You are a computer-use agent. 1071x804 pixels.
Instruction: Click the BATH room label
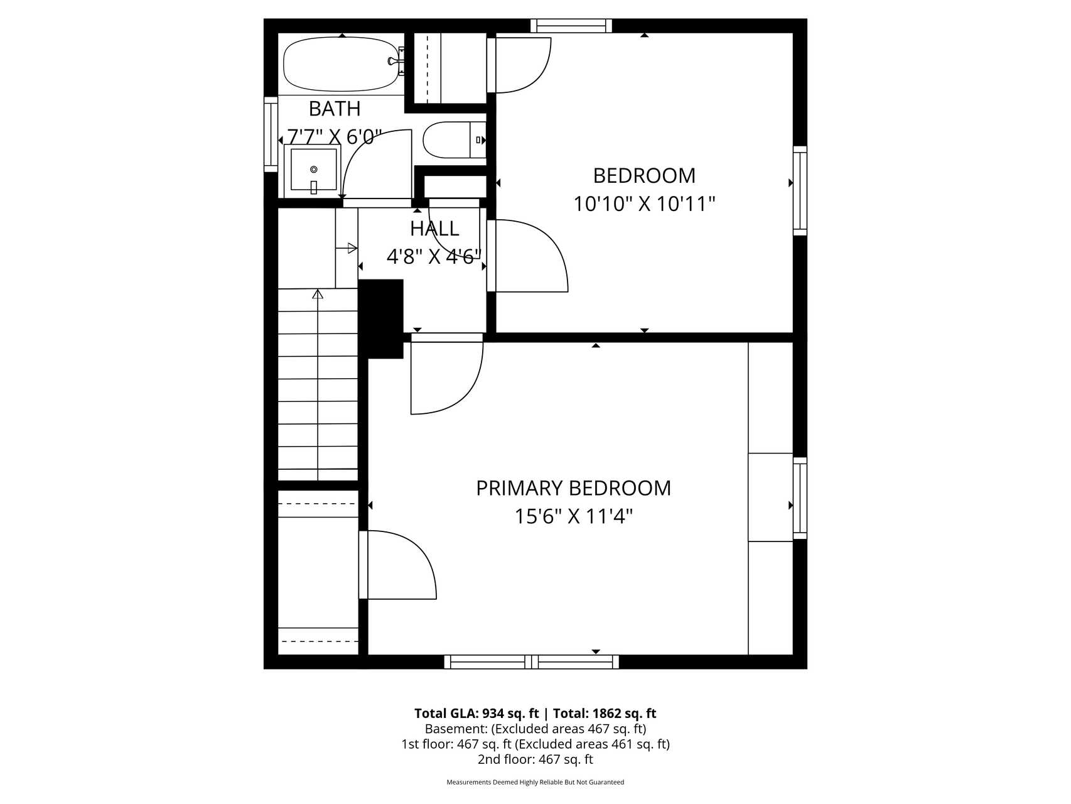click(335, 109)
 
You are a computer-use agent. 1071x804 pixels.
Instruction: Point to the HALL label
click(434, 228)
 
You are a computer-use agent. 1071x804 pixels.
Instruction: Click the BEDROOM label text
click(644, 175)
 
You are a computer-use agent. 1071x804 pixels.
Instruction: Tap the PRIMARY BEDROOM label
click(573, 488)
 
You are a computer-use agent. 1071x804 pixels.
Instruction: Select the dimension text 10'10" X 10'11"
click(644, 204)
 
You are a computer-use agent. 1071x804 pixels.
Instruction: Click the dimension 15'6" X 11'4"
click(573, 516)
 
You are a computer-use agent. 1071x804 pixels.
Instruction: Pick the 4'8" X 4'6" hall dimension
click(434, 256)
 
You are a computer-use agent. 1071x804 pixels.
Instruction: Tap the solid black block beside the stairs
click(381, 319)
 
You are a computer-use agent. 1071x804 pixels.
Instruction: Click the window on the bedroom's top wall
click(571, 26)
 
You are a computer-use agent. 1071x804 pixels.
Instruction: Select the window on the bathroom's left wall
click(271, 134)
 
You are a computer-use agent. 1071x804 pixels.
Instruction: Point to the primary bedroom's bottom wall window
click(532, 661)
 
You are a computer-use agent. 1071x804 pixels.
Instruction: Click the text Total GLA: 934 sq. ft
click(476, 714)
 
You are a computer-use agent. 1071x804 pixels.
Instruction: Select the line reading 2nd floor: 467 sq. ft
click(535, 759)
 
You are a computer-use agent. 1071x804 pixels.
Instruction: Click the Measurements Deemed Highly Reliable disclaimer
click(535, 783)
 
